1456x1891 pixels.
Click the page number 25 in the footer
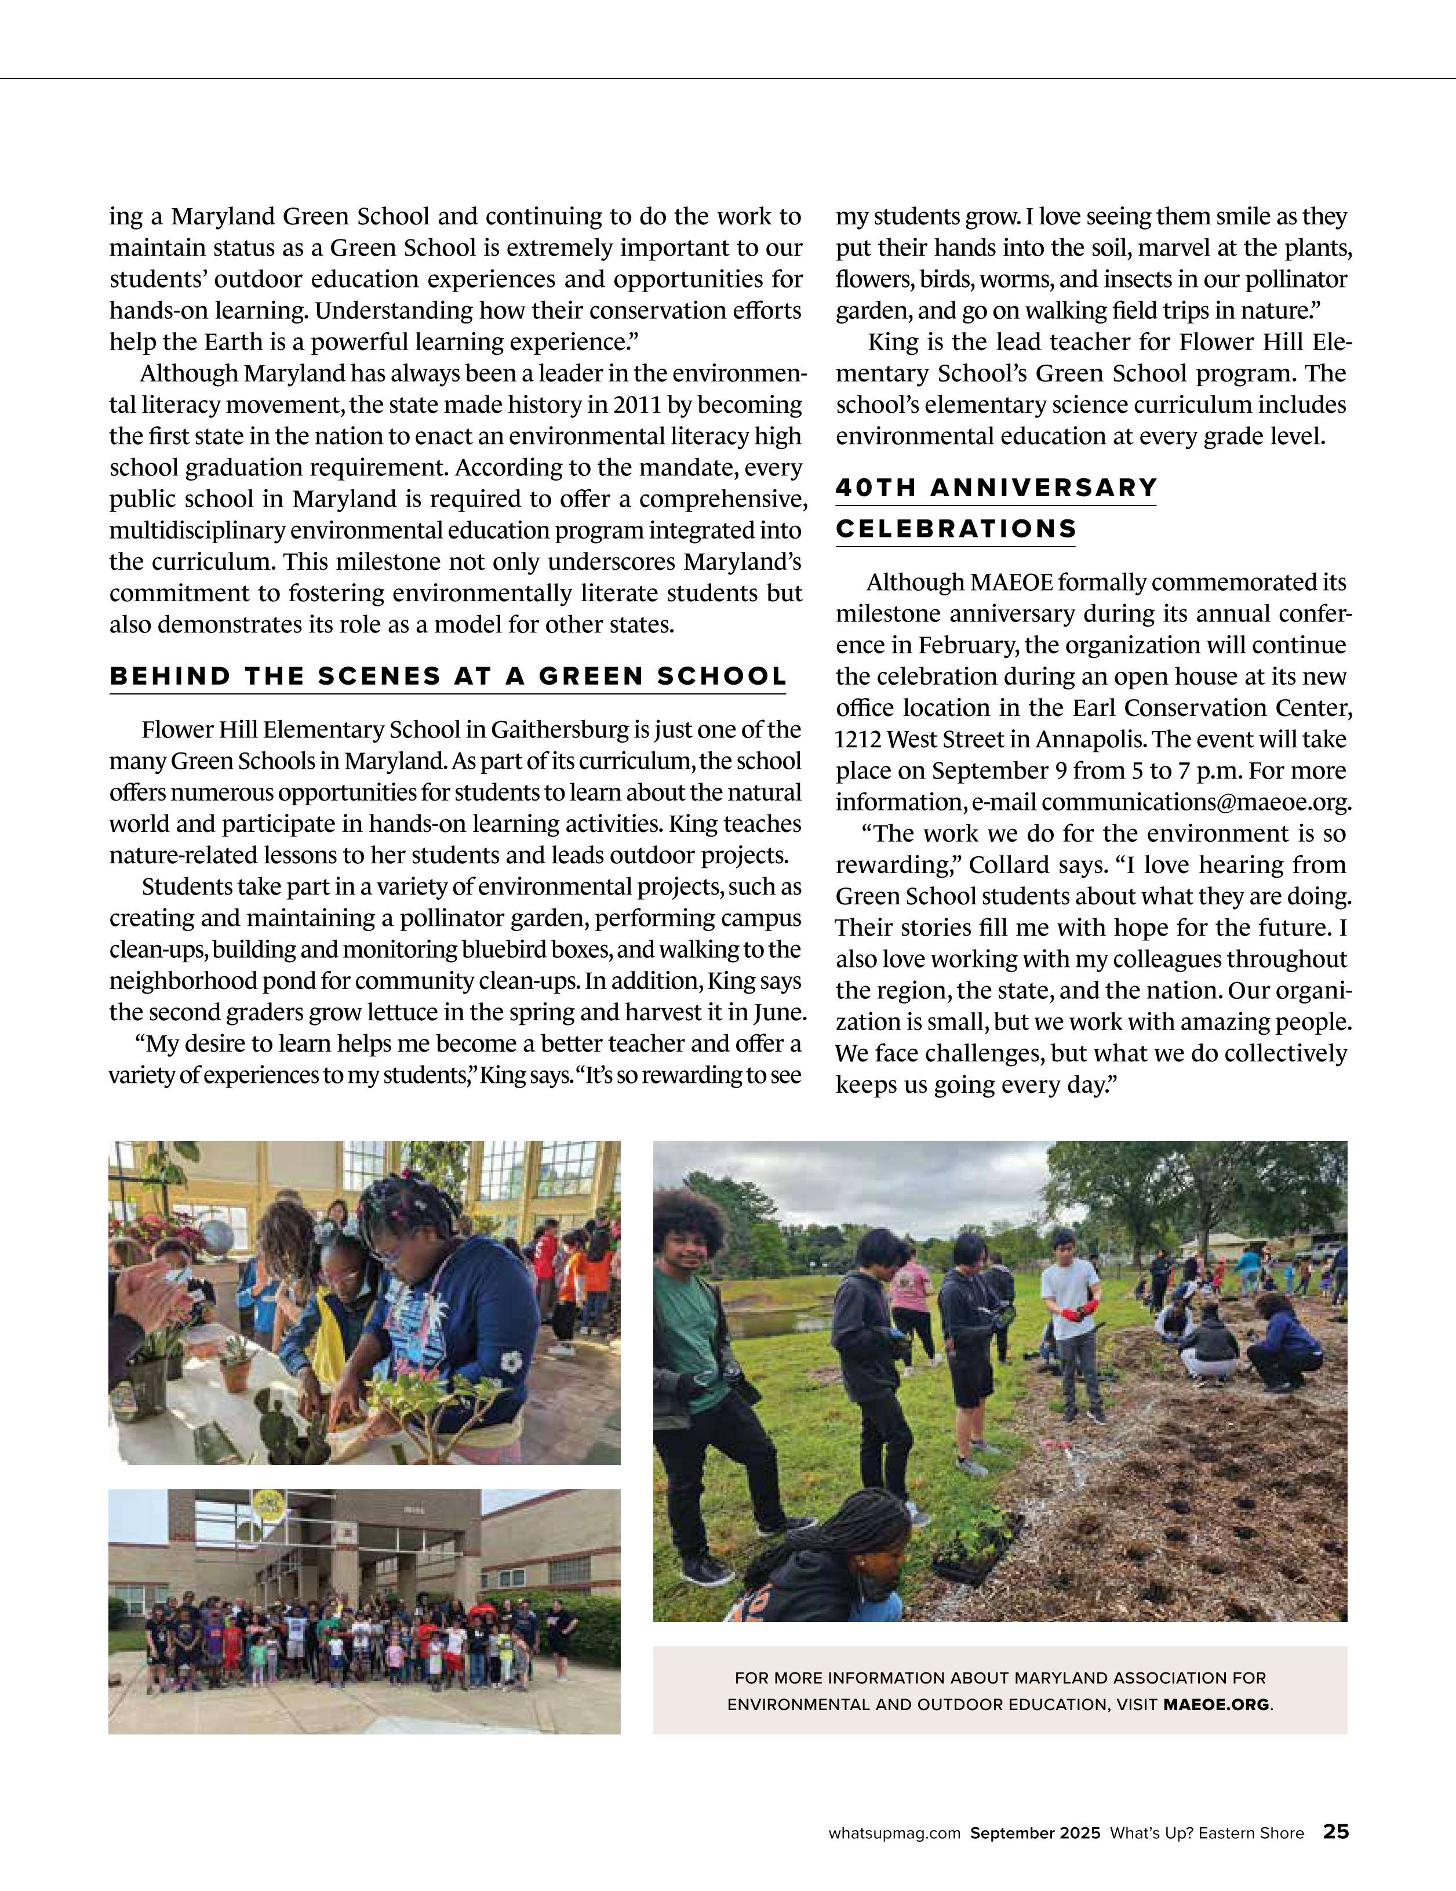pyautogui.click(x=1335, y=1832)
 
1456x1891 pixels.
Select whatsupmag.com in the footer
pyautogui.click(x=894, y=1833)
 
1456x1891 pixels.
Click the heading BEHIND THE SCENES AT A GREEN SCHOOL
pyautogui.click(x=447, y=676)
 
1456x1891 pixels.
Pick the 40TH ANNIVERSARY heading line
pyautogui.click(x=995, y=488)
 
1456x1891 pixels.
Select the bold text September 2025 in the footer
pyautogui.click(x=1035, y=1833)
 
